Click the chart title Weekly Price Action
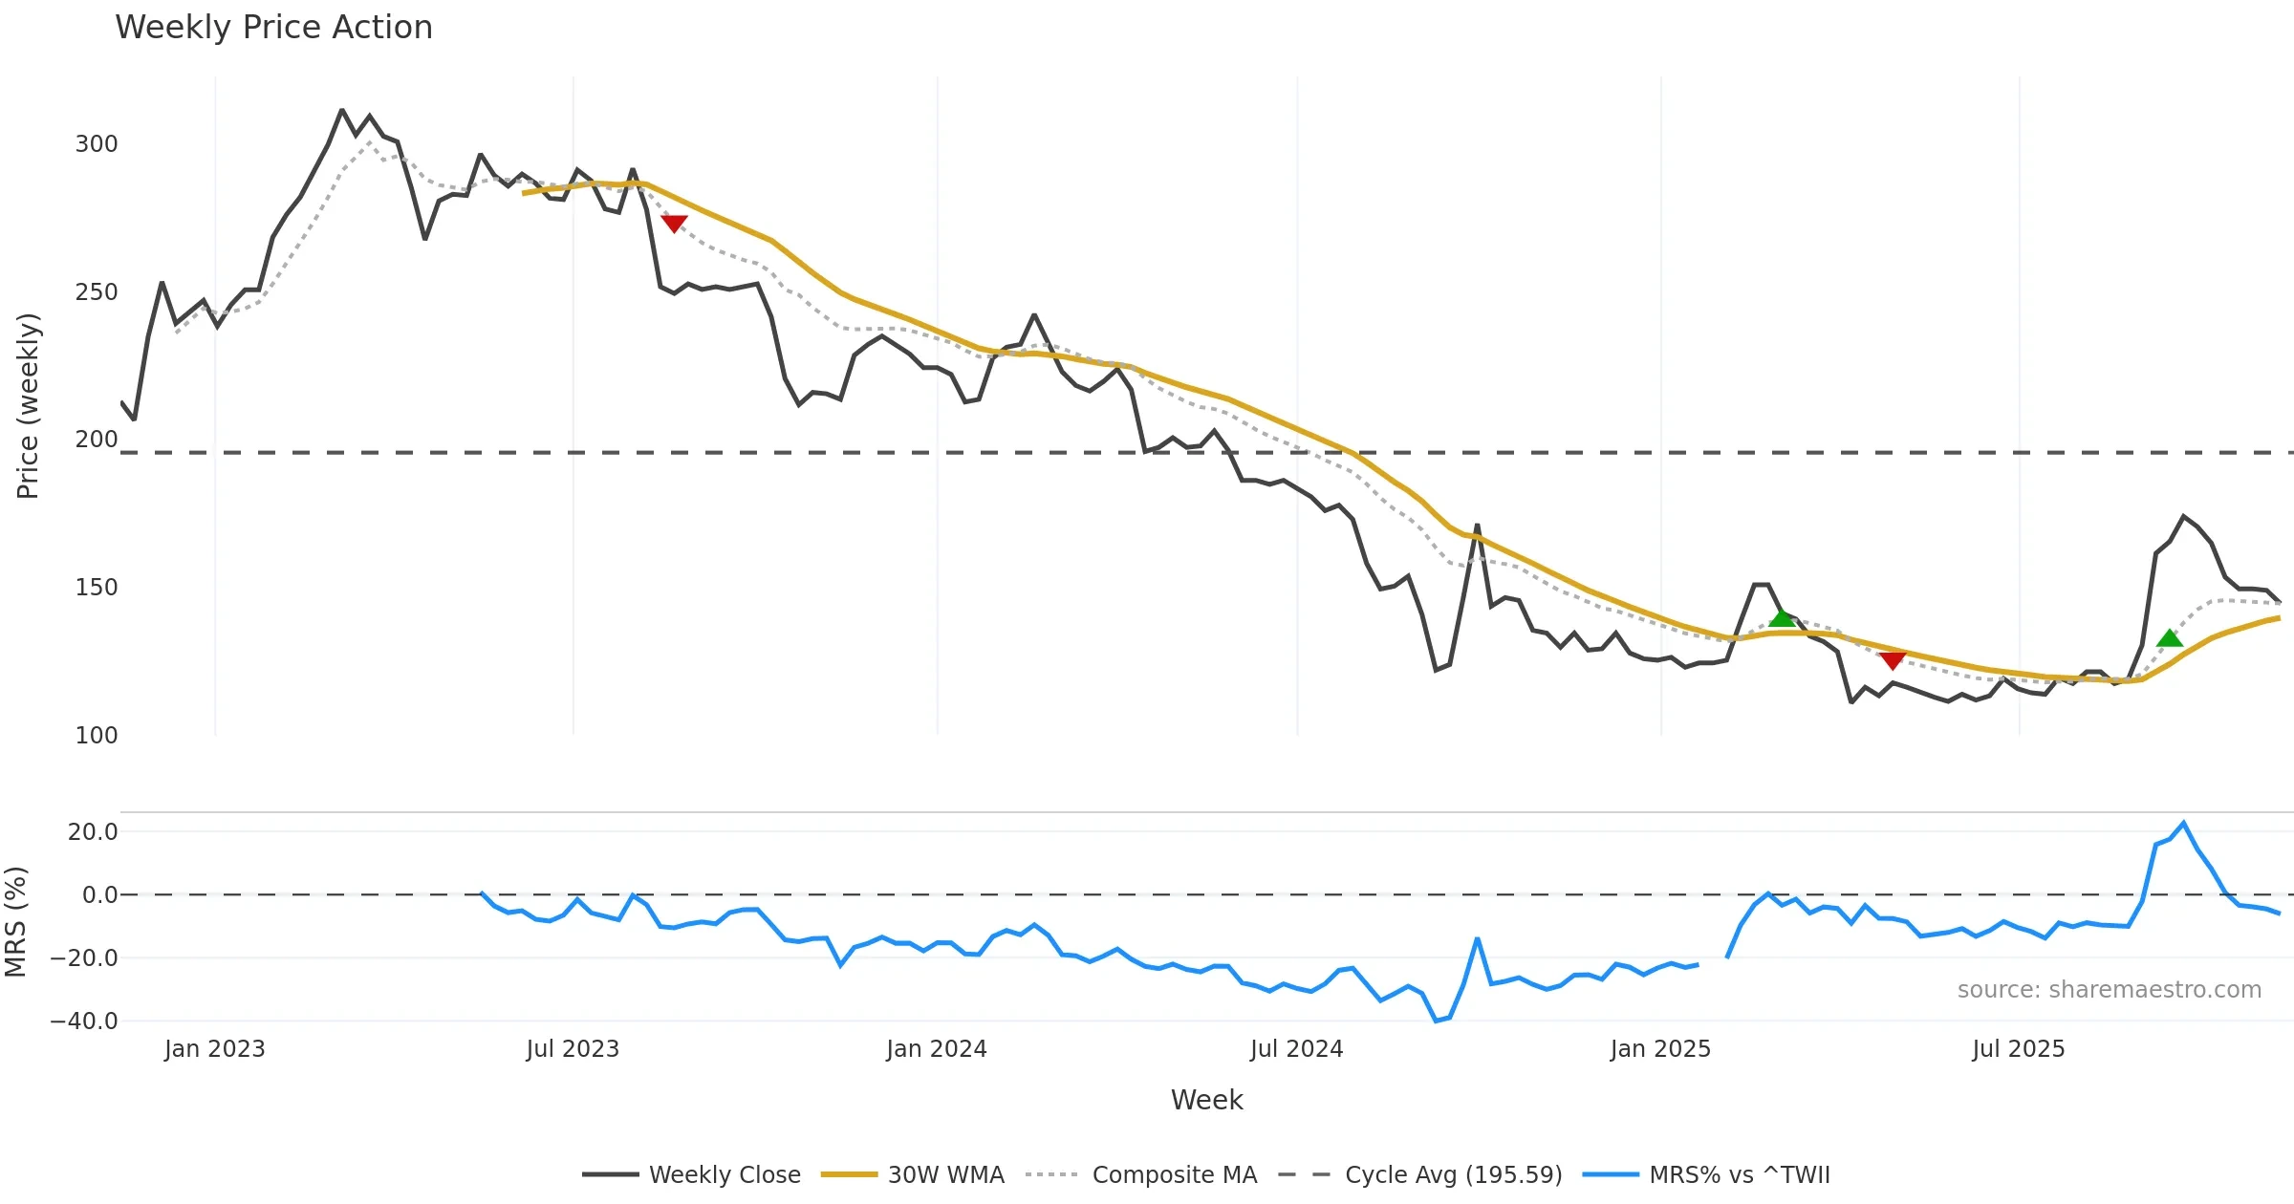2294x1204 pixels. pyautogui.click(x=273, y=28)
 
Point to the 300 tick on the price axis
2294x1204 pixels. pyautogui.click(x=97, y=144)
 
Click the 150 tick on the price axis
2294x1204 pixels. pyautogui.click(x=97, y=588)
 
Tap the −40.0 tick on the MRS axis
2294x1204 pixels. pyautogui.click(x=84, y=1021)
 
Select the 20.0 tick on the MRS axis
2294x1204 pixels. pyautogui.click(x=93, y=832)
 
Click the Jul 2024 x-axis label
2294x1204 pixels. pyautogui.click(x=1296, y=1049)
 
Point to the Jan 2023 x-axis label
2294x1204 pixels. pyautogui.click(x=214, y=1049)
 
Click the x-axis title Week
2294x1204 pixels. pyautogui.click(x=1206, y=1101)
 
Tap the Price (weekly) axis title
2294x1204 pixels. pyautogui.click(x=28, y=406)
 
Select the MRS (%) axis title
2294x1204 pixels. pyautogui.click(x=15, y=922)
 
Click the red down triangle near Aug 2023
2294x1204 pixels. pyautogui.click(x=674, y=224)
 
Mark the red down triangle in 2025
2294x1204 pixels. pyautogui.click(x=1893, y=660)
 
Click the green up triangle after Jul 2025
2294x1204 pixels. pyautogui.click(x=2170, y=638)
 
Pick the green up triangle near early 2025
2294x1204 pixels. pyautogui.click(x=1782, y=618)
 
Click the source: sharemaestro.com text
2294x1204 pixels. pyautogui.click(x=2109, y=990)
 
